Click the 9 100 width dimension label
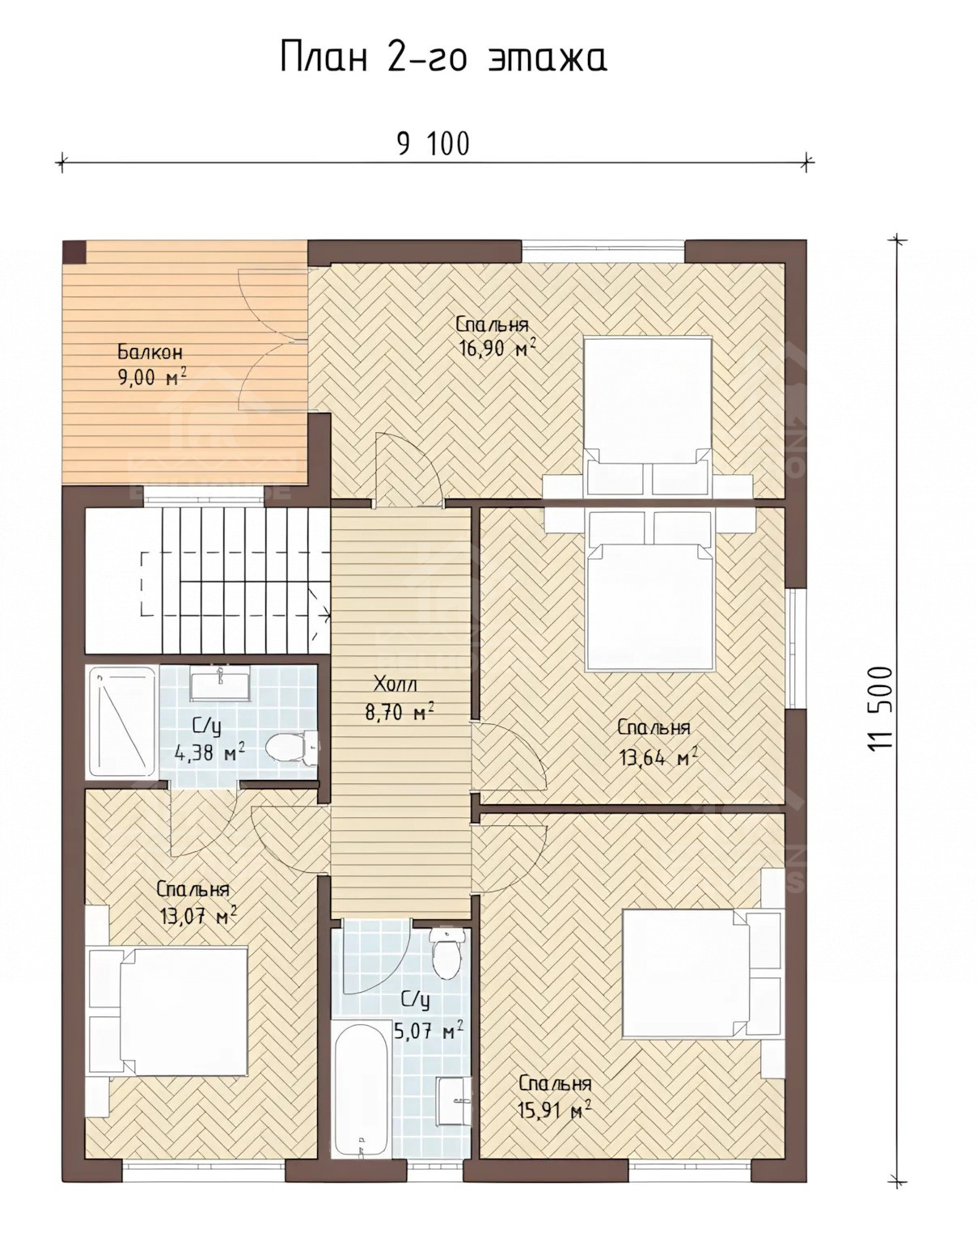point(434,143)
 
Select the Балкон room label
point(150,351)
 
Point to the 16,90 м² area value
point(497,348)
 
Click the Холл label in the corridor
point(395,684)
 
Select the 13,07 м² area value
point(198,916)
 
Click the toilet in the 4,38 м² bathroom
point(292,747)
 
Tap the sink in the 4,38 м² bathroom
point(220,682)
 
